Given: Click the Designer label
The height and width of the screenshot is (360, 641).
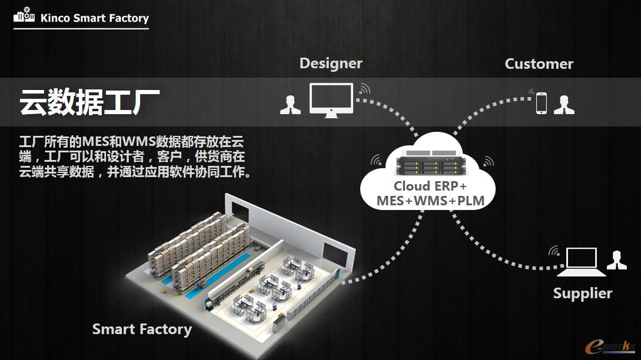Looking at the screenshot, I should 331,64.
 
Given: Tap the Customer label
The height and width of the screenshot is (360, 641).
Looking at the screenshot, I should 539,64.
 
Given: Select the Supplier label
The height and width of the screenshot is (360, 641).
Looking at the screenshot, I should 582,293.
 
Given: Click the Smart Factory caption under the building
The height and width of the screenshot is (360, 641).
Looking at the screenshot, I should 142,329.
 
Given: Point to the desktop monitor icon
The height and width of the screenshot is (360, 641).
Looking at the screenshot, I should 331,100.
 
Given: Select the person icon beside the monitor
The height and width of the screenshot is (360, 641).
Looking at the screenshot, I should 290,105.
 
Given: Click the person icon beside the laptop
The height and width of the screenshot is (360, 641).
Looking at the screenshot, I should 616,260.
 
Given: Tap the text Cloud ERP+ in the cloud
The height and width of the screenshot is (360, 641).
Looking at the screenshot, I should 430,186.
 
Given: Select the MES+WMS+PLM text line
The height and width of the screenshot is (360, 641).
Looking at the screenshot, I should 430,201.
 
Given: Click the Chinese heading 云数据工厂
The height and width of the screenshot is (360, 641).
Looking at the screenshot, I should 89,102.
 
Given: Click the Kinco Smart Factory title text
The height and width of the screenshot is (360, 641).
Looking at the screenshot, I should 94,18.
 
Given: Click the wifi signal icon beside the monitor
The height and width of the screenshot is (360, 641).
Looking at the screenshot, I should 365,89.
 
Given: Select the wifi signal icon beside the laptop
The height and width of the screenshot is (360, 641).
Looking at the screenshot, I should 554,251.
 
